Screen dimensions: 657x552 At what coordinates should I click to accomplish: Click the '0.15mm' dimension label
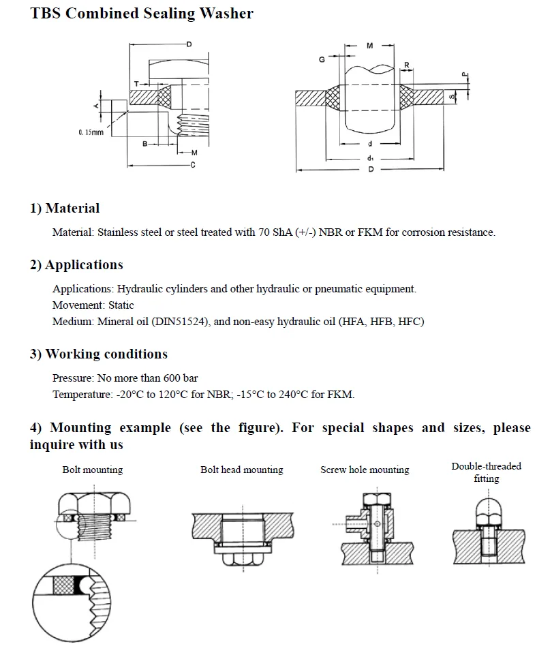tap(91, 132)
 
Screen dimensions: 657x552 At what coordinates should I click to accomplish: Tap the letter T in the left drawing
tap(136, 83)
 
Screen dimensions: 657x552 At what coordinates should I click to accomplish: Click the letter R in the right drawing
tap(407, 65)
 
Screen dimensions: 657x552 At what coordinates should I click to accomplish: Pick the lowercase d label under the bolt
tap(369, 144)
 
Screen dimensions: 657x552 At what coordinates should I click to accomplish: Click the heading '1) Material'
tap(65, 209)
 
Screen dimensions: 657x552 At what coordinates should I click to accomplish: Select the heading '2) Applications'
tap(76, 265)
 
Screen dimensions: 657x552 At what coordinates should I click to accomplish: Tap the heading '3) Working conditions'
tap(98, 354)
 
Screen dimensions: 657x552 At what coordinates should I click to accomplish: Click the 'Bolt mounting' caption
tap(93, 470)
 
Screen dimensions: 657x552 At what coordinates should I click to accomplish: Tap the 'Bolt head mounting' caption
tap(242, 470)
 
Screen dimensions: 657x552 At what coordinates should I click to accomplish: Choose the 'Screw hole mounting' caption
tap(365, 470)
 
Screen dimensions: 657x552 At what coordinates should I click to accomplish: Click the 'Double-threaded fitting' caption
tap(486, 472)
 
